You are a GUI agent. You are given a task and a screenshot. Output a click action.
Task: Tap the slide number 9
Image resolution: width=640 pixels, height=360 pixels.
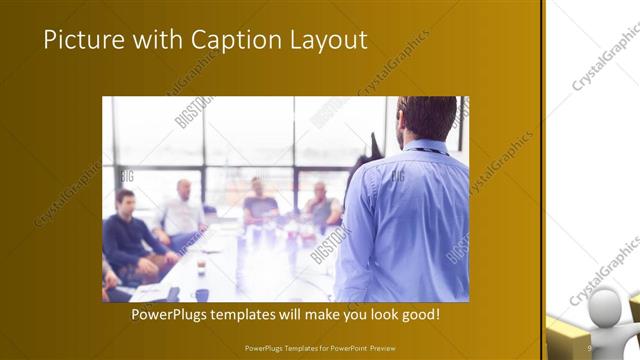(x=590, y=348)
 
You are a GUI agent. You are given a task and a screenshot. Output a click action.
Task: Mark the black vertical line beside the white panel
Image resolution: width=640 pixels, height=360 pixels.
(x=543, y=180)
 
